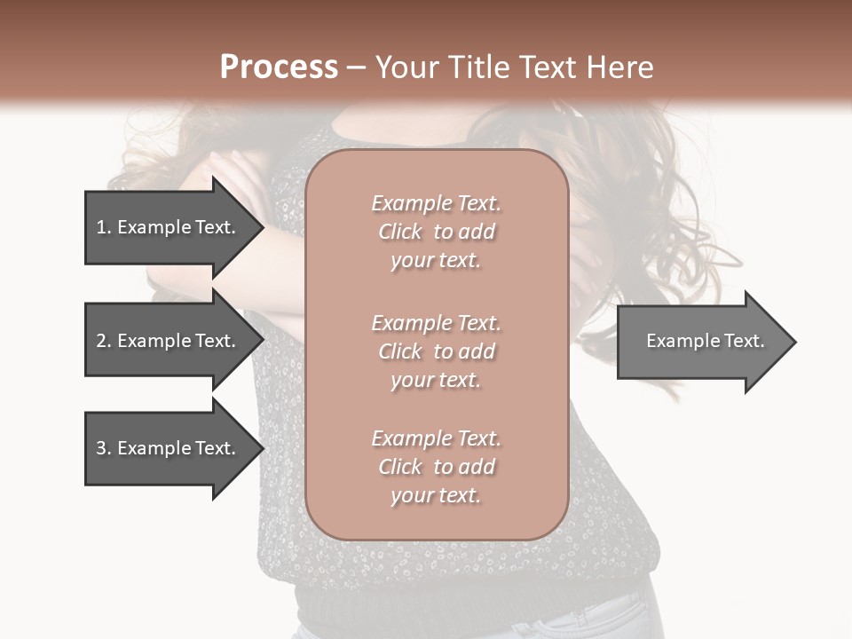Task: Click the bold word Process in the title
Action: (x=279, y=67)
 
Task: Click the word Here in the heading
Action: (x=619, y=67)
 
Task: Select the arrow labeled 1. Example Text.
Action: (x=169, y=227)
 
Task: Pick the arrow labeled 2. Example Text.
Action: (x=169, y=341)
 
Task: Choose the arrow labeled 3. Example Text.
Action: (x=169, y=448)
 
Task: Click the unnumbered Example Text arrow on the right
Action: (x=701, y=341)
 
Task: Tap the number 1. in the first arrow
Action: (x=104, y=227)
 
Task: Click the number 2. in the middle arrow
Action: (x=104, y=341)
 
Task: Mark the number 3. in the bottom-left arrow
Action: (x=104, y=448)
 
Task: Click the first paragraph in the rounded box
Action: (x=436, y=232)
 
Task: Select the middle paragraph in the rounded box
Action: (x=436, y=351)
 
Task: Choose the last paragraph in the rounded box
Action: (x=436, y=467)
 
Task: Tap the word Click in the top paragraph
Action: (x=400, y=232)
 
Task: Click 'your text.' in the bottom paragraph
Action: (x=436, y=496)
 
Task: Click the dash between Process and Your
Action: (x=357, y=68)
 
